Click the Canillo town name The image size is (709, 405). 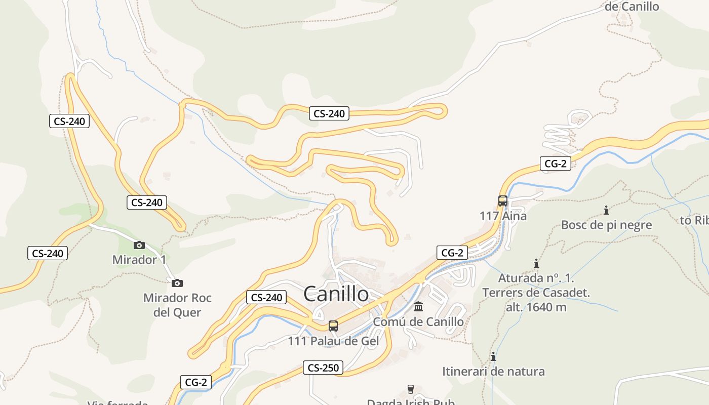pyautogui.click(x=336, y=294)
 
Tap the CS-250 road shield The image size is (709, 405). pyautogui.click(x=323, y=368)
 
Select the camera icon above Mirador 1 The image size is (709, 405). pyautogui.click(x=139, y=246)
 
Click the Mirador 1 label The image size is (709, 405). pyautogui.click(x=139, y=260)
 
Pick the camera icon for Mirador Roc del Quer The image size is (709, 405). pyautogui.click(x=177, y=283)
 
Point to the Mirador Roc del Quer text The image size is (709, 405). pyautogui.click(x=177, y=305)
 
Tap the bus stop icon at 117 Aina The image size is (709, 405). pyautogui.click(x=503, y=201)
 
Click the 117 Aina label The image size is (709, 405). pyautogui.click(x=503, y=216)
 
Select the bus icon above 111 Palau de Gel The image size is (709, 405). pyautogui.click(x=333, y=326)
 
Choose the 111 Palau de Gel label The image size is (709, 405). pyautogui.click(x=333, y=341)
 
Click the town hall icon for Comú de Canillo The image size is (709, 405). pyautogui.click(x=418, y=307)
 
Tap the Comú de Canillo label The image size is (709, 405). pyautogui.click(x=418, y=321)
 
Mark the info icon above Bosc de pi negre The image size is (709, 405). pyautogui.click(x=606, y=210)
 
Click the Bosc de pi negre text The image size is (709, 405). pyautogui.click(x=606, y=225)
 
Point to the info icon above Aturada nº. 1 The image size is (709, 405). pyautogui.click(x=536, y=263)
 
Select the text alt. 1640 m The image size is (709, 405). pyautogui.click(x=536, y=307)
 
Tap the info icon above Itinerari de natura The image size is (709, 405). pyautogui.click(x=493, y=356)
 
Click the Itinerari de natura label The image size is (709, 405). pyautogui.click(x=493, y=372)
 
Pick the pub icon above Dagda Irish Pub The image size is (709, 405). pyautogui.click(x=411, y=389)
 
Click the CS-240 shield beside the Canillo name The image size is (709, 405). pyautogui.click(x=266, y=298)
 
